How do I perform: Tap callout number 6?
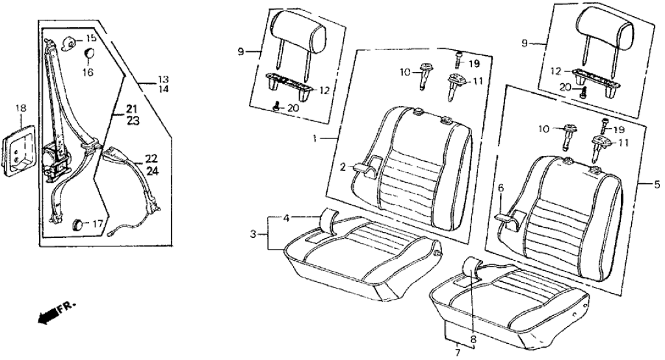tap(501, 188)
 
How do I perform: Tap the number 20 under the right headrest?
tap(564, 87)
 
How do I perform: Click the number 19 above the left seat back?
tap(473, 63)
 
